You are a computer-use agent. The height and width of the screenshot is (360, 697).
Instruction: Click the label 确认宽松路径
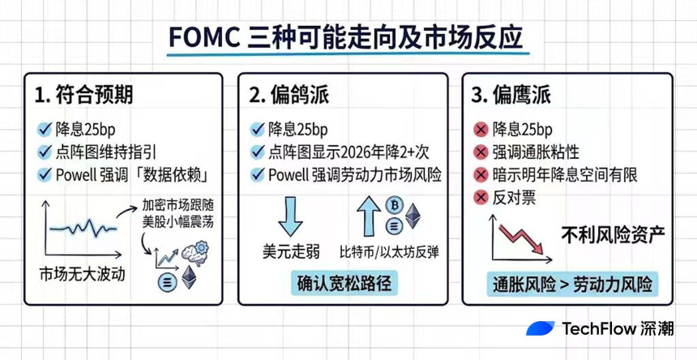[x=344, y=283]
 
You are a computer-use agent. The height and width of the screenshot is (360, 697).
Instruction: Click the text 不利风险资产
[x=613, y=236]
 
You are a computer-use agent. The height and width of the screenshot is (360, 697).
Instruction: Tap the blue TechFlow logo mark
[x=541, y=328]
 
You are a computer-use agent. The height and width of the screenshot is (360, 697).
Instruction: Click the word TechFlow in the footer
[x=597, y=328]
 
